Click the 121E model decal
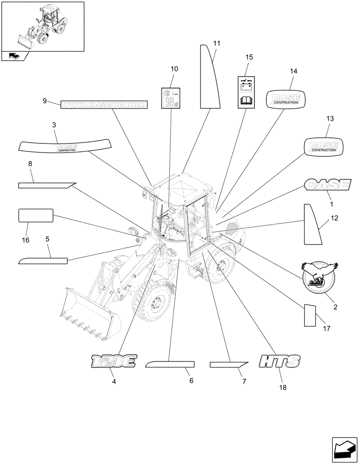(113, 361)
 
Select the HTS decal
(279, 361)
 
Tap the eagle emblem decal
(319, 277)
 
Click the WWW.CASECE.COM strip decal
(104, 105)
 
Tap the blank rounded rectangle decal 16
(35, 216)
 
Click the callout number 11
(216, 43)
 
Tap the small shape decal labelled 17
(309, 316)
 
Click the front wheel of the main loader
(154, 307)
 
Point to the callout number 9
(45, 101)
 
